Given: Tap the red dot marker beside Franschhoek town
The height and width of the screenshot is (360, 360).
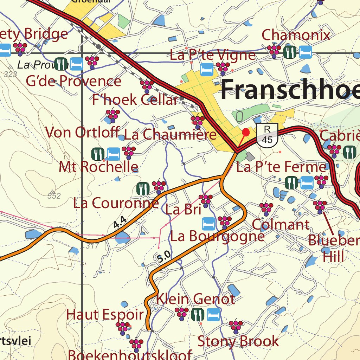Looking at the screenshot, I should click(x=246, y=132).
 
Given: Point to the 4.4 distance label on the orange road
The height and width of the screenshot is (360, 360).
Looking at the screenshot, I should click(x=120, y=222).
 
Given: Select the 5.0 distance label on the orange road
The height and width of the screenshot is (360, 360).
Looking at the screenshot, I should click(x=164, y=257).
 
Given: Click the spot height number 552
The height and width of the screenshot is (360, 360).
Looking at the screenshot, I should click(x=54, y=196).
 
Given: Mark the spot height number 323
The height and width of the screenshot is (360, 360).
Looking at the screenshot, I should click(x=11, y=74).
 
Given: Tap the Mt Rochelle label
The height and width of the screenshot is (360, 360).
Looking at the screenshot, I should click(x=98, y=167).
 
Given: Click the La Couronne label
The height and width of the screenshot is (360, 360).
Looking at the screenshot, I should click(x=116, y=203).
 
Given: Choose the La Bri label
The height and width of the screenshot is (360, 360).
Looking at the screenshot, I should click(x=183, y=210).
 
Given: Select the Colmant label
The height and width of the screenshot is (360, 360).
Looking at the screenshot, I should click(x=281, y=224).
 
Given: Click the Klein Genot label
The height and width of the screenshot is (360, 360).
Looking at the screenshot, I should click(x=195, y=299).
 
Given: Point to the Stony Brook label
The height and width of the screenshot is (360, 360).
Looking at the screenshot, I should click(x=238, y=341).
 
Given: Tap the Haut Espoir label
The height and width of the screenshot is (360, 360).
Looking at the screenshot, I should click(x=105, y=314).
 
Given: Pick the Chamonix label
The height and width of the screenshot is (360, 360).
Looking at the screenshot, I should click(x=296, y=35).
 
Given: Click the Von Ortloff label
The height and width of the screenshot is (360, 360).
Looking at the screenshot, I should click(x=83, y=132).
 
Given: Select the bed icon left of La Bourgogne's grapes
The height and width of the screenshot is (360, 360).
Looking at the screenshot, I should click(x=208, y=223).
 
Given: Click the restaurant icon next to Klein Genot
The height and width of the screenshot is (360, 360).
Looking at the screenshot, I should click(x=198, y=314).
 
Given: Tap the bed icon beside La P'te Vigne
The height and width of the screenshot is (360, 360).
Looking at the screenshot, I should click(x=206, y=69).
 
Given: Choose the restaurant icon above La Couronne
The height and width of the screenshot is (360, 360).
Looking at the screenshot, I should click(x=143, y=189).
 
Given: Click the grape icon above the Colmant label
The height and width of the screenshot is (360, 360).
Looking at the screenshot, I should click(x=266, y=208).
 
